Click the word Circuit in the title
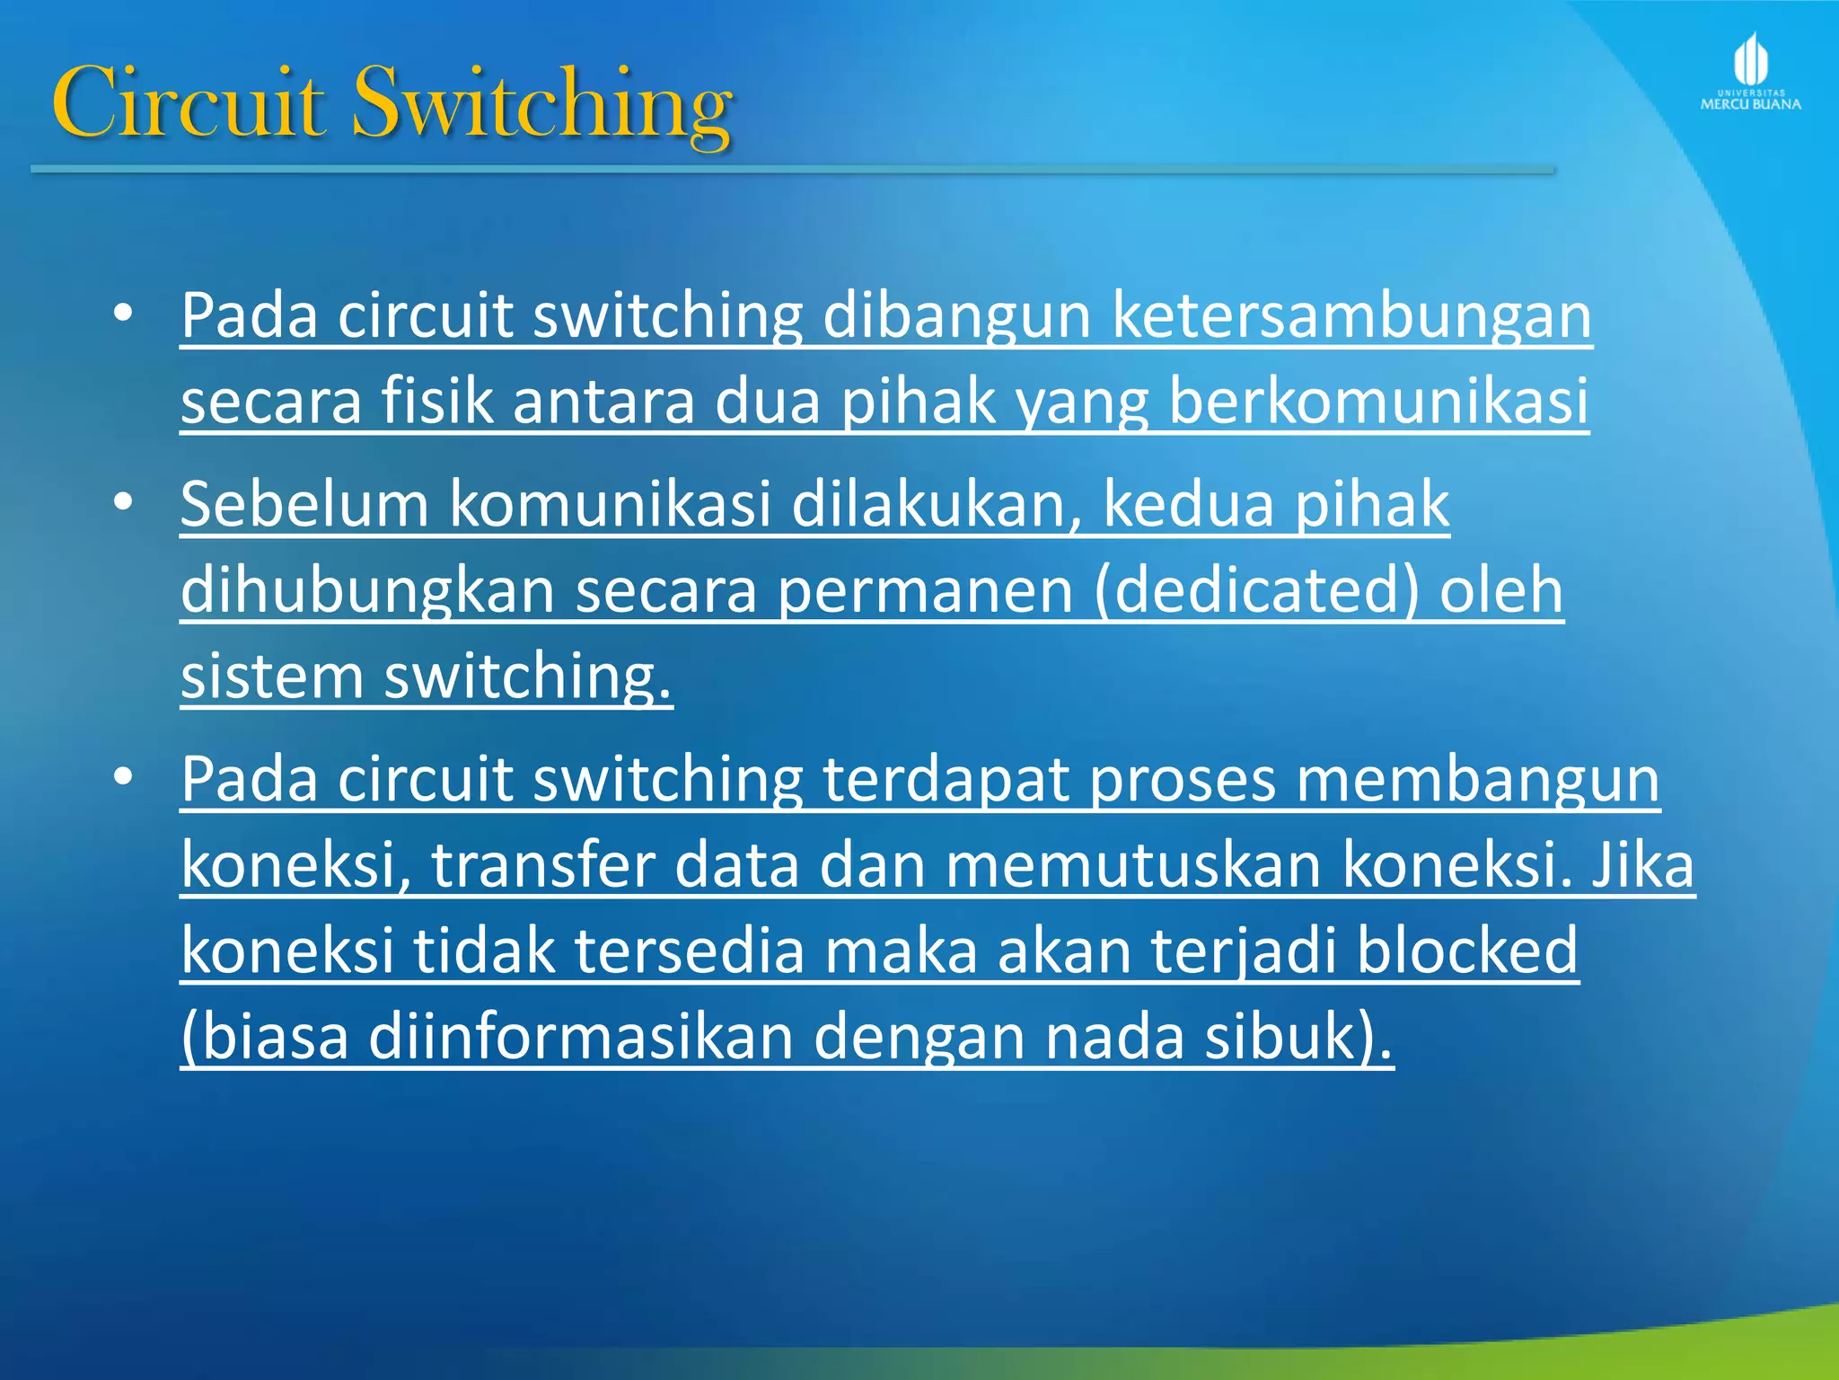tap(188, 103)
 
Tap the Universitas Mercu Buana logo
tap(1750, 73)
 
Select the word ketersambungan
tap(1351, 316)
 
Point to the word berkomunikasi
tap(1378, 402)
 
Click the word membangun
tap(1478, 780)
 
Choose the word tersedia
tap(689, 951)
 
